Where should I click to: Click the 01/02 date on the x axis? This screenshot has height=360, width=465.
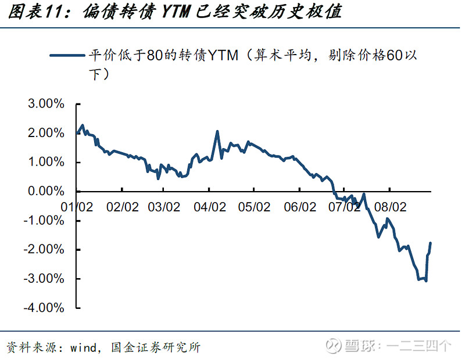(x=77, y=207)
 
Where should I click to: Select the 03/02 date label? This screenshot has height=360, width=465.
(x=164, y=207)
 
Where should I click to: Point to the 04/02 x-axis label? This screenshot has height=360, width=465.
(x=209, y=207)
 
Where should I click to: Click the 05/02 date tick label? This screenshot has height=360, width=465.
(x=253, y=207)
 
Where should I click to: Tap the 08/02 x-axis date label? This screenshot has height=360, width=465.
(x=388, y=207)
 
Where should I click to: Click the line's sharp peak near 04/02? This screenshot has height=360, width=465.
(x=217, y=131)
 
